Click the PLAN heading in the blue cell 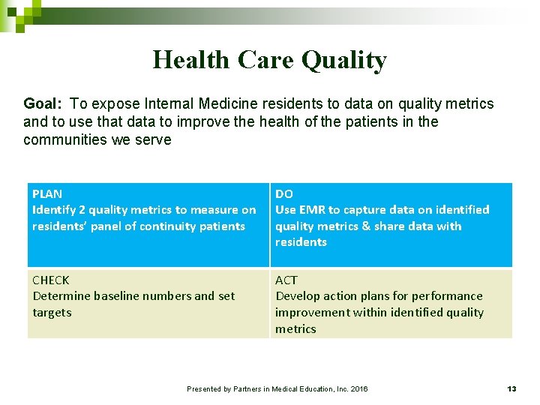pos(47,193)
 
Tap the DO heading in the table pos(284,193)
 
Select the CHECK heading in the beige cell pos(51,280)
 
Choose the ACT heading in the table pos(286,280)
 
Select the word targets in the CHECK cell pos(52,313)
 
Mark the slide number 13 pos(511,388)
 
